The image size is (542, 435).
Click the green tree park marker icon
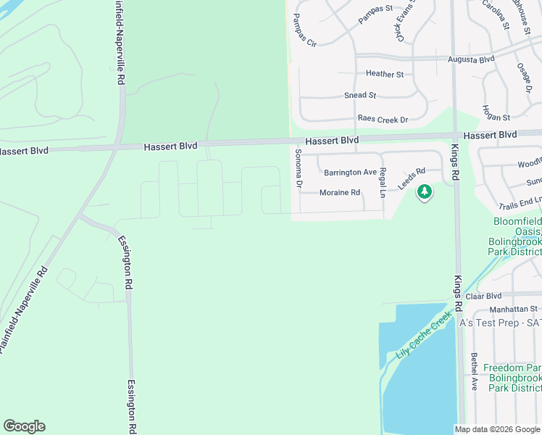pos(424,192)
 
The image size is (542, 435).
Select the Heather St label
pos(384,74)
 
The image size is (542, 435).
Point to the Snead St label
pos(360,95)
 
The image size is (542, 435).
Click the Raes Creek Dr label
pos(383,119)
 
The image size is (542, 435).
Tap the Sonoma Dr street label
pos(298,169)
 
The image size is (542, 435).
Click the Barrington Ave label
pos(350,173)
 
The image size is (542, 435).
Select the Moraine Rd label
pos(340,193)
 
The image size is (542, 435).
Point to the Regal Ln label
pos(383,183)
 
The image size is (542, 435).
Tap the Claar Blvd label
pos(483,296)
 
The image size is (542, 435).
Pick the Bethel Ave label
pos(473,371)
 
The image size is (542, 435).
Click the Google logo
pos(24,426)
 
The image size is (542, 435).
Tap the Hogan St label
pos(496,117)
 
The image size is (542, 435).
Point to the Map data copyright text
pos(497,429)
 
